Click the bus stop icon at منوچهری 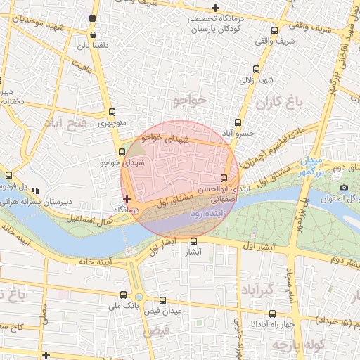click(x=112, y=112)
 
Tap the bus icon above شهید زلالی click(x=255, y=69)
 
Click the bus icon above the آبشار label click(x=194, y=241)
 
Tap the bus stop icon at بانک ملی click(x=124, y=295)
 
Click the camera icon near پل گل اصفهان click(x=344, y=187)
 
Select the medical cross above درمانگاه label click(x=127, y=200)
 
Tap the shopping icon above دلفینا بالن click(x=94, y=34)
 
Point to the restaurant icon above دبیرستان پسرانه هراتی click(x=35, y=191)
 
